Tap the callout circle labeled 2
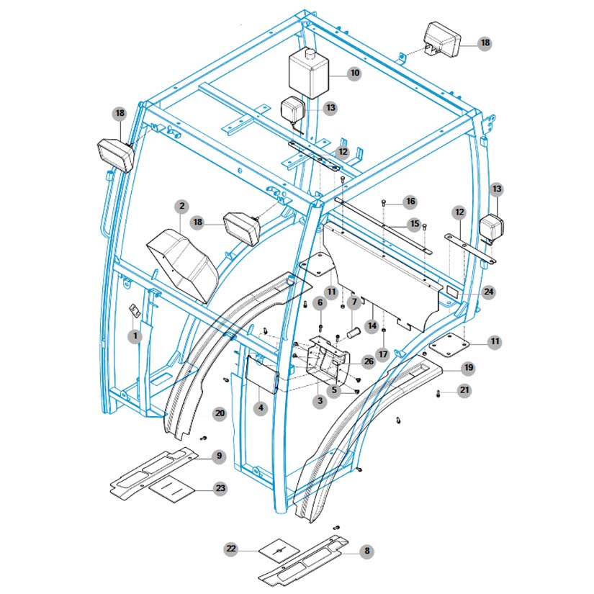[x=181, y=207]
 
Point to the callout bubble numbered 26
[x=369, y=361]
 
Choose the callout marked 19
[x=468, y=368]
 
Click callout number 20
[x=220, y=413]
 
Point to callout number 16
[x=410, y=201]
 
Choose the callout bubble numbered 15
[x=414, y=224]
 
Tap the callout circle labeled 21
[x=464, y=390]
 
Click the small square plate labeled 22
[x=278, y=549]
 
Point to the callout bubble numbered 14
[x=372, y=325]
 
